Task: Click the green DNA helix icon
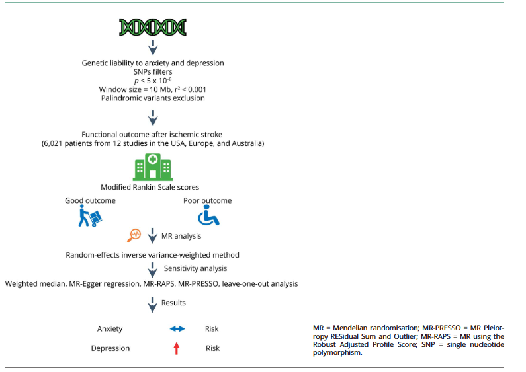click(x=153, y=26)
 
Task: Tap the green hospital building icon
click(x=153, y=168)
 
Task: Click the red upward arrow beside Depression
click(x=177, y=348)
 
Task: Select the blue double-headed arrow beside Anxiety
click(x=177, y=328)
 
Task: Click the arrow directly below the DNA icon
click(x=153, y=48)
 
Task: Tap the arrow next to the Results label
click(x=153, y=303)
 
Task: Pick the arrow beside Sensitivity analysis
click(x=153, y=269)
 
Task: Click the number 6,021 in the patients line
click(x=56, y=143)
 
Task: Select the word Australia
click(x=247, y=143)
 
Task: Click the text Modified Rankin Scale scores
click(x=153, y=187)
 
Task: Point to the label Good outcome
click(x=90, y=200)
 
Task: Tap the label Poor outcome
click(x=207, y=200)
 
